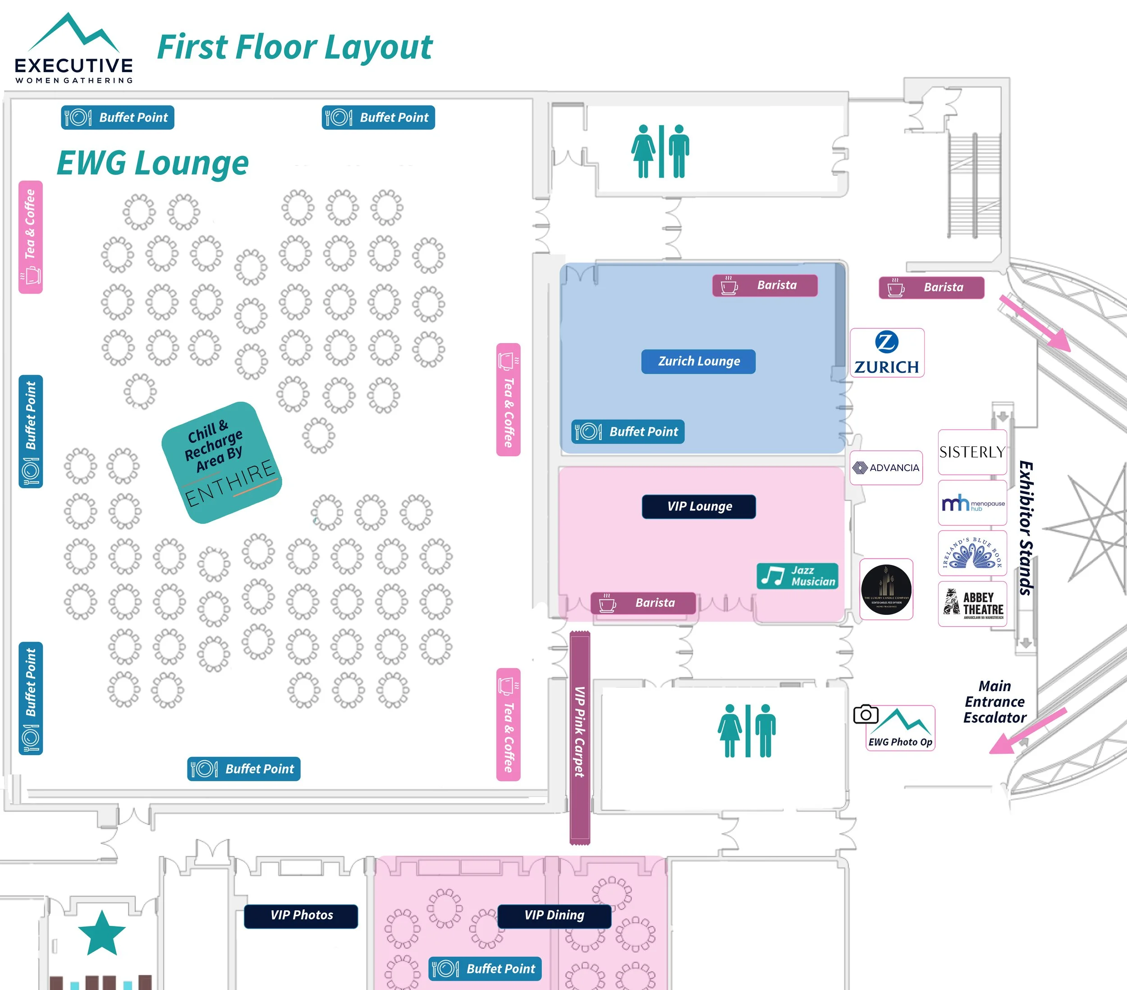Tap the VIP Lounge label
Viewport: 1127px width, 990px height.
click(x=699, y=506)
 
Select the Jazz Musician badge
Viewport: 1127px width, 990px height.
click(x=797, y=576)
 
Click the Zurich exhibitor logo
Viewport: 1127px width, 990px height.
click(x=887, y=353)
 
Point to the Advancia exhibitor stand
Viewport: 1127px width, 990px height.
click(x=886, y=467)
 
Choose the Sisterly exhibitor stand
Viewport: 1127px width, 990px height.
click(x=972, y=452)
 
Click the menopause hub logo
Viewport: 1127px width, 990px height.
click(x=972, y=503)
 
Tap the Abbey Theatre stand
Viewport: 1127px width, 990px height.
click(x=972, y=604)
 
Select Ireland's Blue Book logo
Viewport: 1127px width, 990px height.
click(x=972, y=553)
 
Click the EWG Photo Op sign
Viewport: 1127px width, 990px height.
click(x=900, y=729)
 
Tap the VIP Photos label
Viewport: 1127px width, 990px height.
click(x=301, y=916)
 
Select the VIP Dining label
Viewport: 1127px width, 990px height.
click(x=554, y=916)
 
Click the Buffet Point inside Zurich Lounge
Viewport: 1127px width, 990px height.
click(x=628, y=432)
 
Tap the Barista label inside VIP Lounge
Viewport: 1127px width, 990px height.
click(x=642, y=603)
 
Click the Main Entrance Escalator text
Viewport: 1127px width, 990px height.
click(x=994, y=701)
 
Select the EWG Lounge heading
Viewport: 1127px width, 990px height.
click(x=153, y=164)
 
